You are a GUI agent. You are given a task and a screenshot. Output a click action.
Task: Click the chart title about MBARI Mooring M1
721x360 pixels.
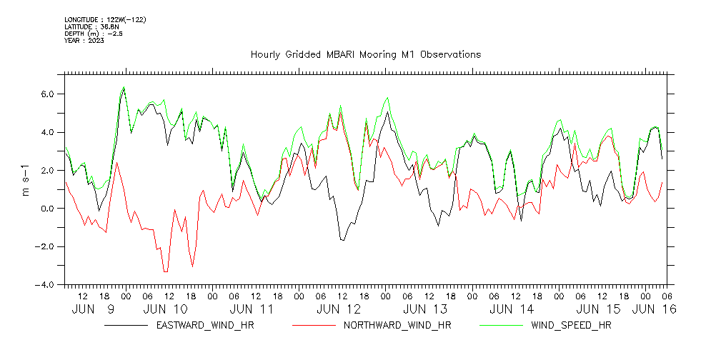(365, 54)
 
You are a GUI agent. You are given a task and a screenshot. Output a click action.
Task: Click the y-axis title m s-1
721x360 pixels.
(26, 179)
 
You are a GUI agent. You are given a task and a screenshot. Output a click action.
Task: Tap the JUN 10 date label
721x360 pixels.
(166, 309)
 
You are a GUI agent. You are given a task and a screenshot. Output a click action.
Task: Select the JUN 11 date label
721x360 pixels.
(252, 309)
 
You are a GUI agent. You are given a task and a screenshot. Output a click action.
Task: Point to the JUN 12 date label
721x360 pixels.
(339, 309)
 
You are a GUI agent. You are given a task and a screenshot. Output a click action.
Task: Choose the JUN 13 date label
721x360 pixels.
(425, 309)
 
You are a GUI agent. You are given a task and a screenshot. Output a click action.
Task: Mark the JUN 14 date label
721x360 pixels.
(512, 309)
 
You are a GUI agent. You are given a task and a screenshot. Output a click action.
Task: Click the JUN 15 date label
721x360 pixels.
(598, 309)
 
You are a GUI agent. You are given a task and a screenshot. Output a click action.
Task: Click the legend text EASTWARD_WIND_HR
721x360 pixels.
(204, 326)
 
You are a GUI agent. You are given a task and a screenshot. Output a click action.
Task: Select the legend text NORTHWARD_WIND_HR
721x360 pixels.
(397, 326)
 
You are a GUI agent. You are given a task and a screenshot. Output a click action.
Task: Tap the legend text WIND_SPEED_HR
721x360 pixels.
(571, 326)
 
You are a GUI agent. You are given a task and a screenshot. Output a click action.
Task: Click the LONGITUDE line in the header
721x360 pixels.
(105, 19)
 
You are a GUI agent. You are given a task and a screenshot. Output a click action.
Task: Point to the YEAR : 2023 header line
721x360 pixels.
(84, 41)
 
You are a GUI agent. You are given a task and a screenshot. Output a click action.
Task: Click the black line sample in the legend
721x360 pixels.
(126, 326)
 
